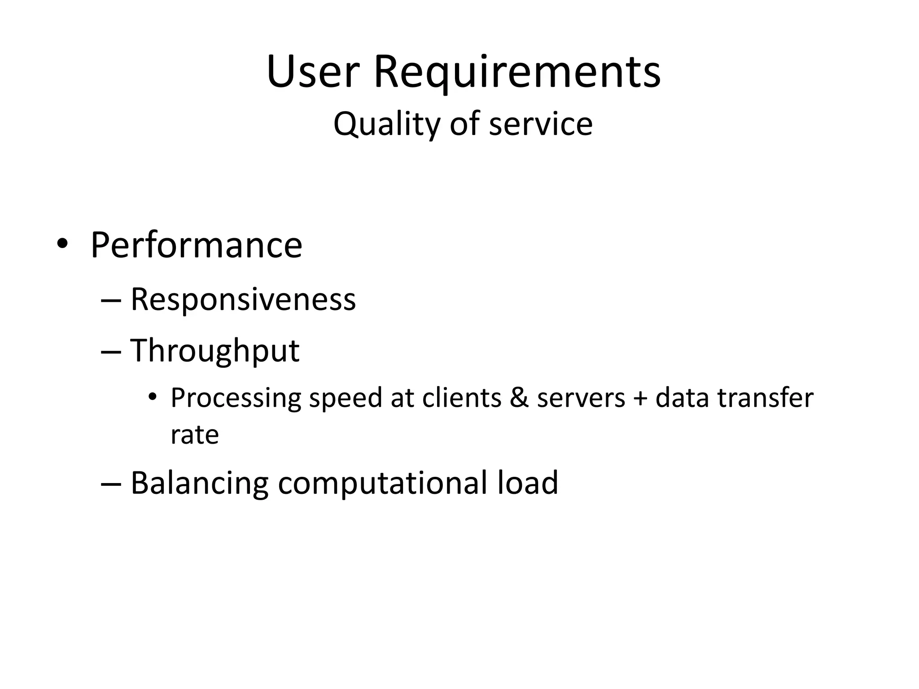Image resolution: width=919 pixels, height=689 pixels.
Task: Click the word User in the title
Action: (x=313, y=72)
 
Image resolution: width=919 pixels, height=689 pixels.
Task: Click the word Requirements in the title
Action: (x=517, y=72)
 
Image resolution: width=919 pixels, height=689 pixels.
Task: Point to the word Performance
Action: (x=196, y=245)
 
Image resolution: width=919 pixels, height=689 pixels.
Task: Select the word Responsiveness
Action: (x=243, y=299)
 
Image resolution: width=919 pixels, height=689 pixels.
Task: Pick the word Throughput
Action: (x=214, y=351)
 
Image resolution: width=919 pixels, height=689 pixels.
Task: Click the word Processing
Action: (x=236, y=398)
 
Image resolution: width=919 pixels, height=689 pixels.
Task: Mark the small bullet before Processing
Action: (x=153, y=397)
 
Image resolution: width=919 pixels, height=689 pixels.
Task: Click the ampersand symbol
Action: (x=519, y=397)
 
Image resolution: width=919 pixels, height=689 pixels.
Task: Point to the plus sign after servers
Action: (x=640, y=398)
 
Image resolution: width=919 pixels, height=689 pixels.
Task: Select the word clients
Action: (x=461, y=397)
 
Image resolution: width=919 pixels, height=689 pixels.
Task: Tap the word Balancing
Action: (x=199, y=483)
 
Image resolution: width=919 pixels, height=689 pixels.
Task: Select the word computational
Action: (x=382, y=483)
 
